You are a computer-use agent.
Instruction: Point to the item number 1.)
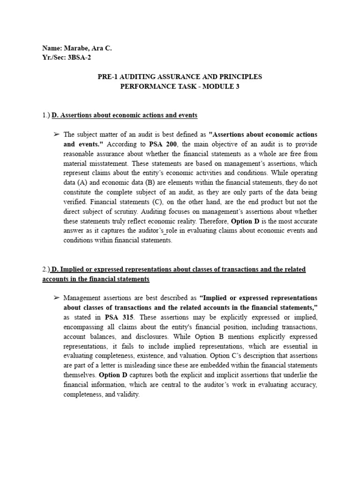click(x=46, y=115)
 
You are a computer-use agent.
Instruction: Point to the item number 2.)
click(x=46, y=270)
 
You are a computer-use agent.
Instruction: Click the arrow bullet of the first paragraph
click(x=56, y=135)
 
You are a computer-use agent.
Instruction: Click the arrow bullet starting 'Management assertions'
click(x=56, y=298)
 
